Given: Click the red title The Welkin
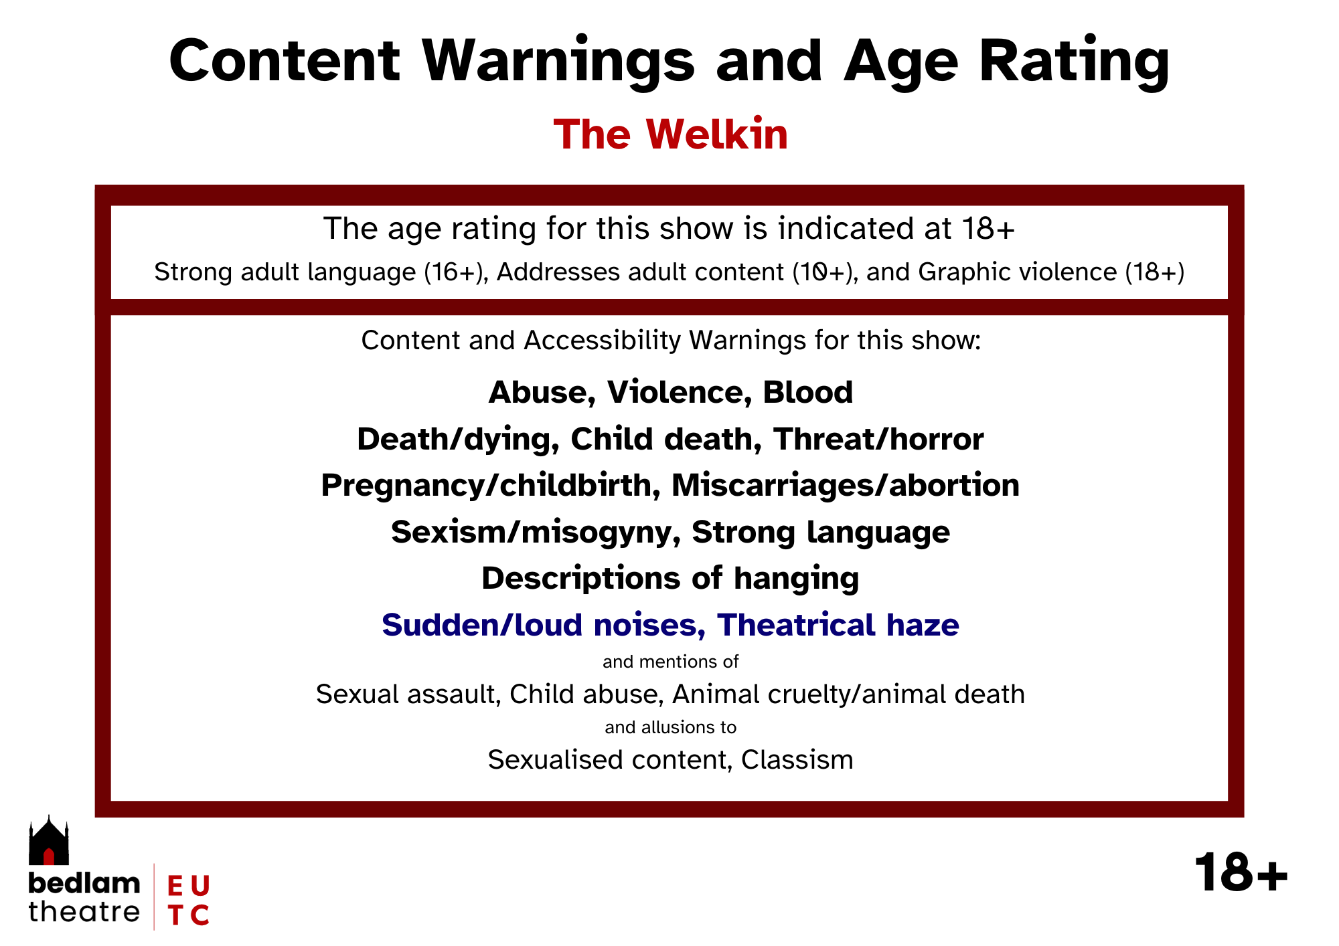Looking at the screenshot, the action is click(671, 134).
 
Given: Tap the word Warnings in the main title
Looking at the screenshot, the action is click(558, 62).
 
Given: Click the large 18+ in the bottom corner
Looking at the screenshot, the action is click(1241, 872).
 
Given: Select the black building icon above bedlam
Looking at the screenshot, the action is click(49, 840).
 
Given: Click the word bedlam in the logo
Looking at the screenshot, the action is click(84, 883).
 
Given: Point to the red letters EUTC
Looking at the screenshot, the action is click(189, 900).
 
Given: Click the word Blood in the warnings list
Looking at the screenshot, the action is click(808, 392).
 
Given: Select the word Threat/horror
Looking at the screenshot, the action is click(878, 439).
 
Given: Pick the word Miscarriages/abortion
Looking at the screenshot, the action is click(846, 485).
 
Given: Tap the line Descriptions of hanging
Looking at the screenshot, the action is click(670, 579).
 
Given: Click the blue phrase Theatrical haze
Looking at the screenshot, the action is click(838, 625).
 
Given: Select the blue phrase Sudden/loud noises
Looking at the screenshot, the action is click(544, 625).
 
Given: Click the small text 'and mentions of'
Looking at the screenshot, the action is click(670, 662).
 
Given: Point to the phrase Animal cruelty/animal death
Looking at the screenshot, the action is click(849, 694).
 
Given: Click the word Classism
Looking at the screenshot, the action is click(797, 760).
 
